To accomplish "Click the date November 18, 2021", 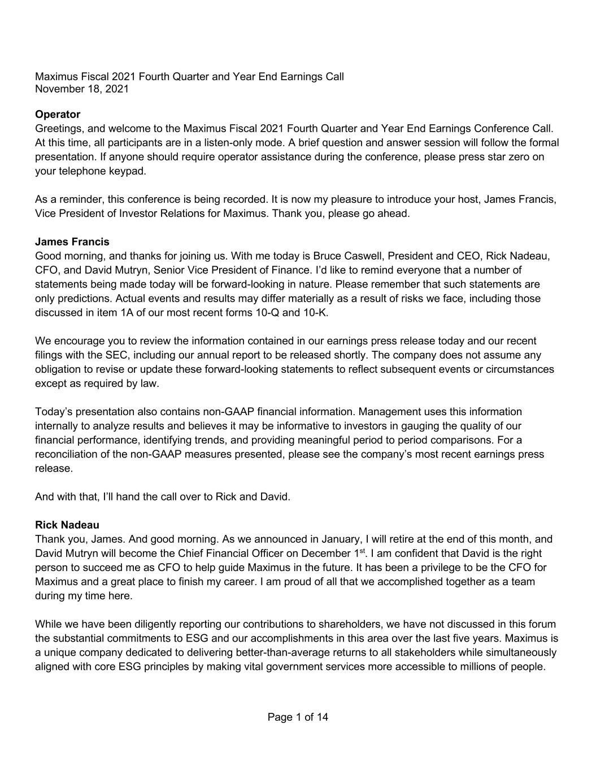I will [82, 89].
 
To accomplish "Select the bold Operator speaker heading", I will [58, 115].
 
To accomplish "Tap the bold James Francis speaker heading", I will [72, 242].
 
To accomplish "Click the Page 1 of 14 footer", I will [298, 717].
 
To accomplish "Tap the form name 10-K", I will [315, 313].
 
